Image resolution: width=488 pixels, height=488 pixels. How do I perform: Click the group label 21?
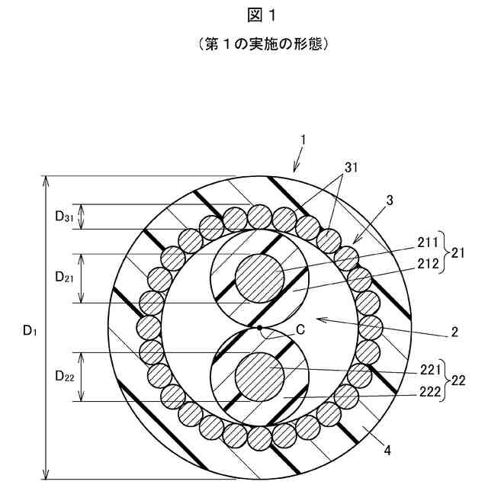tap(457, 253)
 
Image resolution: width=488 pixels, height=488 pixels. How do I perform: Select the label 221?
tap(429, 370)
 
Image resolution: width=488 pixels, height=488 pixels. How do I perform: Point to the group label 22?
tap(457, 380)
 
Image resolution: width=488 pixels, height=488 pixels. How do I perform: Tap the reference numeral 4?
tap(387, 450)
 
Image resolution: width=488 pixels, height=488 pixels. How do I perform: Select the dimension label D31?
tap(64, 217)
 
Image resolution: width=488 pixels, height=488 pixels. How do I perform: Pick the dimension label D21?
tap(64, 278)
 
